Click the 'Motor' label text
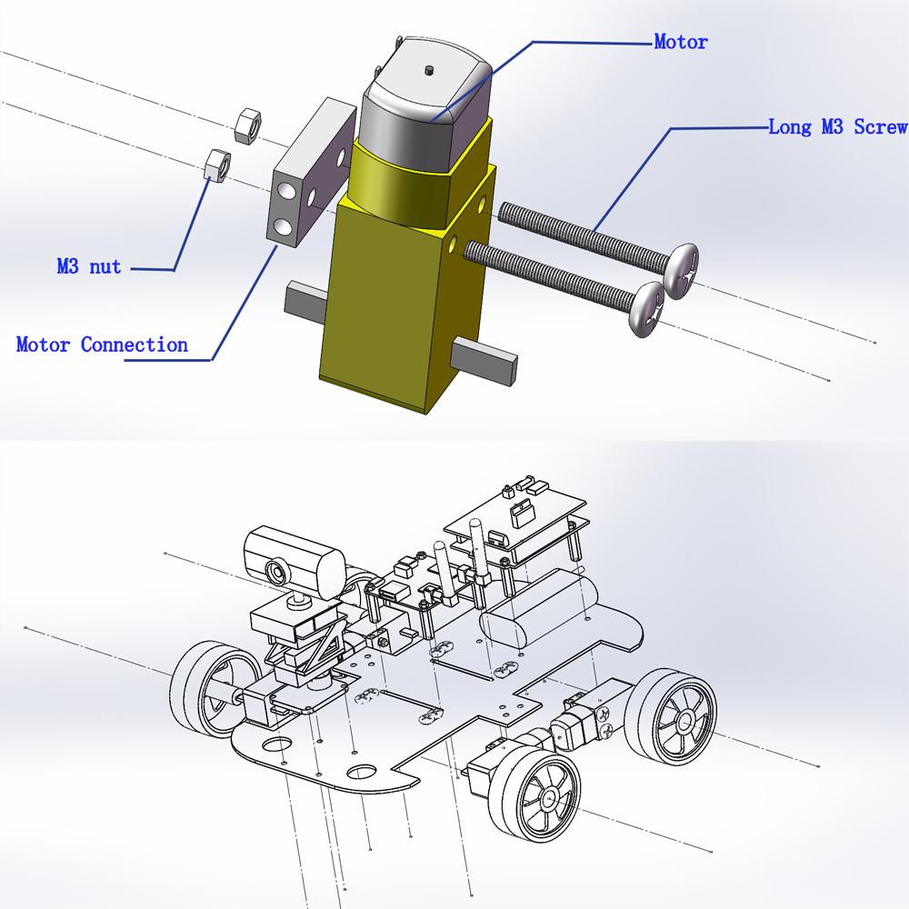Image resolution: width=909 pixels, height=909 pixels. (681, 42)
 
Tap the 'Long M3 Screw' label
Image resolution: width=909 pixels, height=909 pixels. (838, 126)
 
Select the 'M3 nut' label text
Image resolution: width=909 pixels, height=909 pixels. (89, 266)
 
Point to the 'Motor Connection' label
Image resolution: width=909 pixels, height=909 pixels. (102, 345)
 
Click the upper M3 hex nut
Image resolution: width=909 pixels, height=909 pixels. (247, 124)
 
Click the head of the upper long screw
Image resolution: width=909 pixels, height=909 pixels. (681, 271)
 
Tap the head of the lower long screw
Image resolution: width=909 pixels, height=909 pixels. (647, 309)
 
